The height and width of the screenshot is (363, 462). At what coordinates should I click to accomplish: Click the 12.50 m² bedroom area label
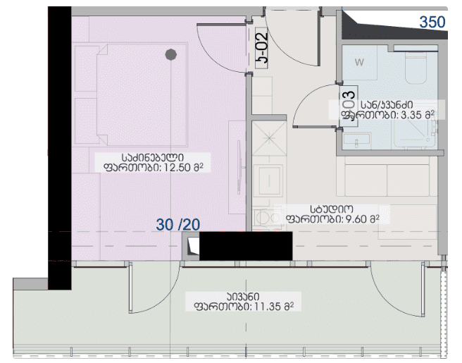(x=153, y=163)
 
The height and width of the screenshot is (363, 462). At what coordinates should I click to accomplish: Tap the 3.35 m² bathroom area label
(x=387, y=110)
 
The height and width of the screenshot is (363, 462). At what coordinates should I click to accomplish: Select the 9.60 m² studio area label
(x=332, y=214)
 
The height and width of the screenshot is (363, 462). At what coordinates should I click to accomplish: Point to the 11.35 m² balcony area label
(x=244, y=302)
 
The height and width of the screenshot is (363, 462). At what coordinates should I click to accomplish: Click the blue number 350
(x=432, y=22)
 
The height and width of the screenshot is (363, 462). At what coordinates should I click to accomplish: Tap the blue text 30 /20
(x=178, y=225)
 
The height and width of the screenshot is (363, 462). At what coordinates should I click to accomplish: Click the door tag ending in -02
(x=261, y=48)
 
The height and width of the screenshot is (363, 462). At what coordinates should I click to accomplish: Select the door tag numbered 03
(x=349, y=106)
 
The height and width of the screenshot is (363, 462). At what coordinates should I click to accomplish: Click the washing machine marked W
(x=359, y=62)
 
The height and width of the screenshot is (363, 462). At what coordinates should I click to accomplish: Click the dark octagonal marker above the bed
(x=171, y=54)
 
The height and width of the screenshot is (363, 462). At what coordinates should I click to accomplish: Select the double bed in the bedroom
(x=142, y=94)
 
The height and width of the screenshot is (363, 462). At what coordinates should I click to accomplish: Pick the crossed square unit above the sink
(x=269, y=138)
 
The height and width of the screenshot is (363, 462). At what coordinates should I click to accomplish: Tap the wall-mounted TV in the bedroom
(x=239, y=167)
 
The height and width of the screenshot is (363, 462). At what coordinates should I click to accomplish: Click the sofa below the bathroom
(x=387, y=176)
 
